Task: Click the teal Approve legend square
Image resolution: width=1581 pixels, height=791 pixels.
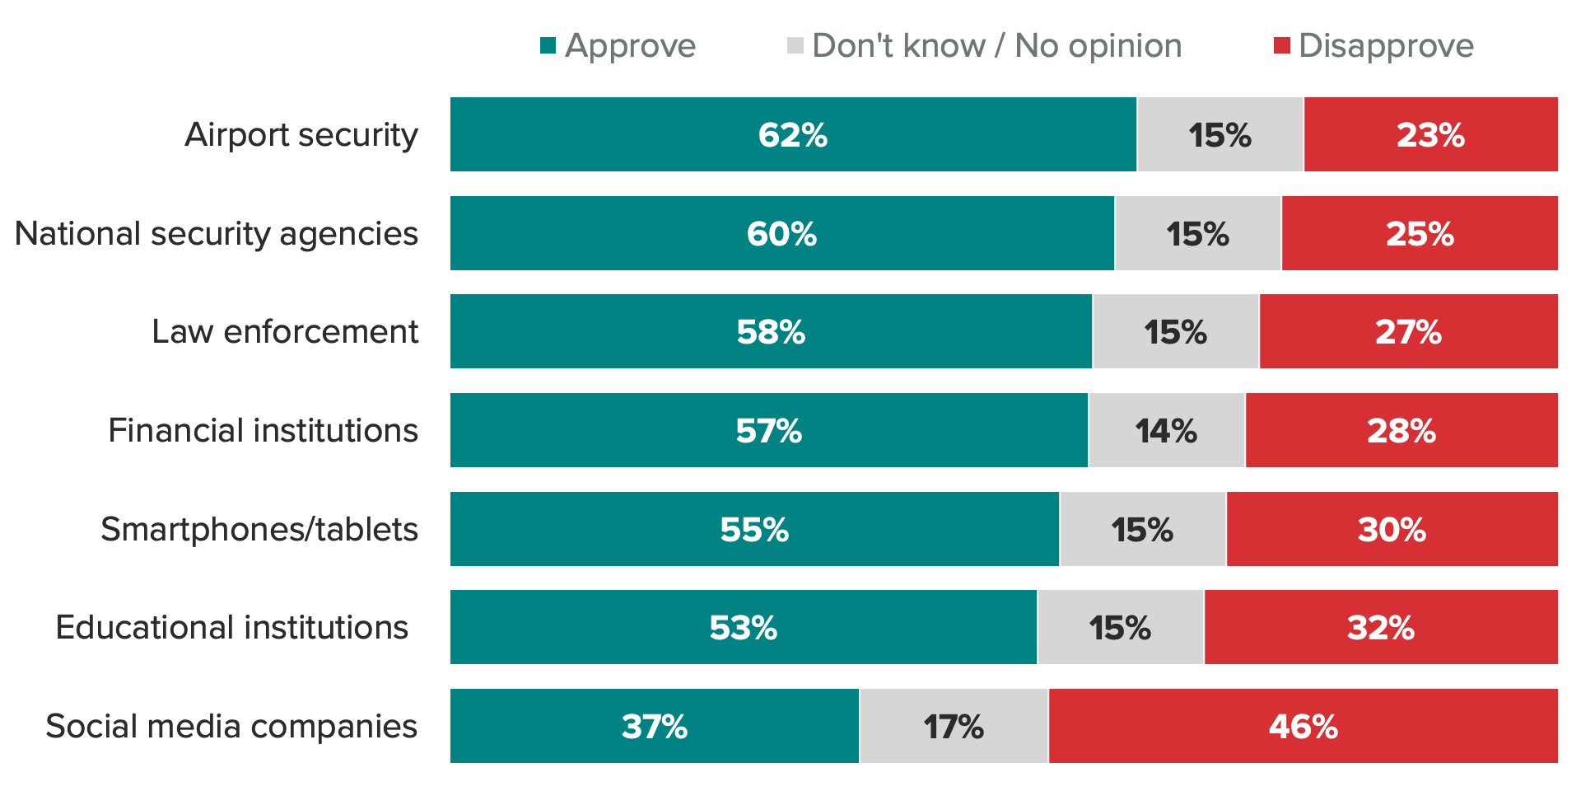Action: pos(548,45)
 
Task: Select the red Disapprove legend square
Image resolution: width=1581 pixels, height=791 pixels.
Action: pos(1281,45)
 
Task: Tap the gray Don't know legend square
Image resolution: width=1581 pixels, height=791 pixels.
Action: pos(795,45)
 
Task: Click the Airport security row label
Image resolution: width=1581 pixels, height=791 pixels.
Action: pos(301,135)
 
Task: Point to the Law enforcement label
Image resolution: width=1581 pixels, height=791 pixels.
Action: pos(285,332)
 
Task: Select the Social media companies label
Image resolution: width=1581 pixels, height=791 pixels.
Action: pos(231,727)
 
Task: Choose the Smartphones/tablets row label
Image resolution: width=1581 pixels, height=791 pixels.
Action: pos(259,530)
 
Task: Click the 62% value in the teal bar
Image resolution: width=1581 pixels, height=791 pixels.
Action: pos(792,135)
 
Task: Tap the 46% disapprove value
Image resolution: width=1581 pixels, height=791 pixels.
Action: pos(1303,727)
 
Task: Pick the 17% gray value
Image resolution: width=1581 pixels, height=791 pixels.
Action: pos(954,727)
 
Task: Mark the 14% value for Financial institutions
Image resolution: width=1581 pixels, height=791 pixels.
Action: pos(1166,431)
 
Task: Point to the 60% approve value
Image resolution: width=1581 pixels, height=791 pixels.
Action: pos(781,234)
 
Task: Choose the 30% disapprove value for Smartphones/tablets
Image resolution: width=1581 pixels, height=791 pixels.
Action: pos(1392,530)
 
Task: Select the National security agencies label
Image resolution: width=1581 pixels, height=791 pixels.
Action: pos(217,234)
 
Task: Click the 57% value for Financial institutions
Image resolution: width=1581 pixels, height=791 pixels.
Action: pos(768,431)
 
